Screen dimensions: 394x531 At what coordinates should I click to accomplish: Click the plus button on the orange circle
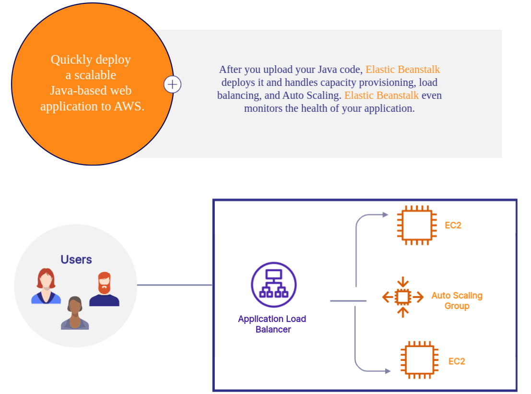point(173,85)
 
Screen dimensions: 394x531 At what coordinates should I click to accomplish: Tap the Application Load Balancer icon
point(273,285)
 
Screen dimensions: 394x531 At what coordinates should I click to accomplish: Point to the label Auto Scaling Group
point(457,301)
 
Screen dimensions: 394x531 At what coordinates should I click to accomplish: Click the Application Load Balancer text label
point(272,324)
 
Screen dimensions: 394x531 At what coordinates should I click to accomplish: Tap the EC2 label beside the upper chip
point(453,225)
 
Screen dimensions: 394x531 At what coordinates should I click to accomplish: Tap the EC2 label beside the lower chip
point(457,361)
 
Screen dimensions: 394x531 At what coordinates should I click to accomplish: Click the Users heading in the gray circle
point(76,260)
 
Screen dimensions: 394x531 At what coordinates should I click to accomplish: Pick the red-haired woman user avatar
point(46,287)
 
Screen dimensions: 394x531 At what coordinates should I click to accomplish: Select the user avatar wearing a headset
point(75,313)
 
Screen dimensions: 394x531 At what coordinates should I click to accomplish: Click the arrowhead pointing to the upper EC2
point(385,215)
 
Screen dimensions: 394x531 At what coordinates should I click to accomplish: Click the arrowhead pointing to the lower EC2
point(388,370)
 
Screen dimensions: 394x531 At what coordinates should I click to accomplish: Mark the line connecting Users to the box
point(175,285)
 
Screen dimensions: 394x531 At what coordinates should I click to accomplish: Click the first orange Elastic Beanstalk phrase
point(402,70)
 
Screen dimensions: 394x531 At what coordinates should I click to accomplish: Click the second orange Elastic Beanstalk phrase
point(381,95)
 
